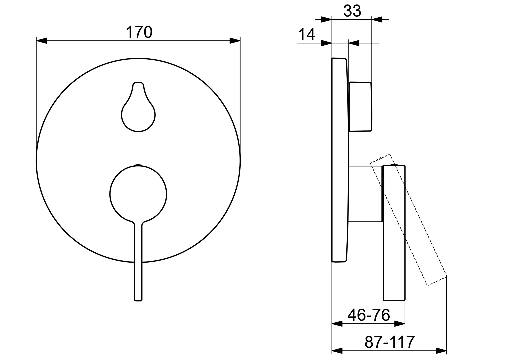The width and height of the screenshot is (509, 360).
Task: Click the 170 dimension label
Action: click(x=139, y=32)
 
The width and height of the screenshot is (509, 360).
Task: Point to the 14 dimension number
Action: click(x=306, y=34)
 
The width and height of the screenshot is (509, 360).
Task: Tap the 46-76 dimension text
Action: click(x=369, y=315)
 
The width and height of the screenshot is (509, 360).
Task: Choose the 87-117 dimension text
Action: click(x=390, y=342)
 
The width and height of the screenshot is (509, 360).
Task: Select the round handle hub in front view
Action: click(x=138, y=194)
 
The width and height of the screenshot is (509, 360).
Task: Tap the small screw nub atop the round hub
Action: click(x=138, y=165)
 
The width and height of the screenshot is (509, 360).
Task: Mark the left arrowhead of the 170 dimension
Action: click(x=41, y=41)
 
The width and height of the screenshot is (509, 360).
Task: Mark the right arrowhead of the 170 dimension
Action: click(x=235, y=41)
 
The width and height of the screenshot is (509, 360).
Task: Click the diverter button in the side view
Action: click(x=360, y=107)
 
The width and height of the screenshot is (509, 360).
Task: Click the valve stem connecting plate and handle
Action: click(x=365, y=193)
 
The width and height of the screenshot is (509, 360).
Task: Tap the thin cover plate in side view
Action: click(x=340, y=160)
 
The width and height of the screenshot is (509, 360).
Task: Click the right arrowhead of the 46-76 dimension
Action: click(x=400, y=323)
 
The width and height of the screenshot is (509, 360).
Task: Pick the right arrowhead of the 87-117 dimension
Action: click(x=441, y=351)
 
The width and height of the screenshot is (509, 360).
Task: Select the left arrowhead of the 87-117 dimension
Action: click(x=338, y=351)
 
